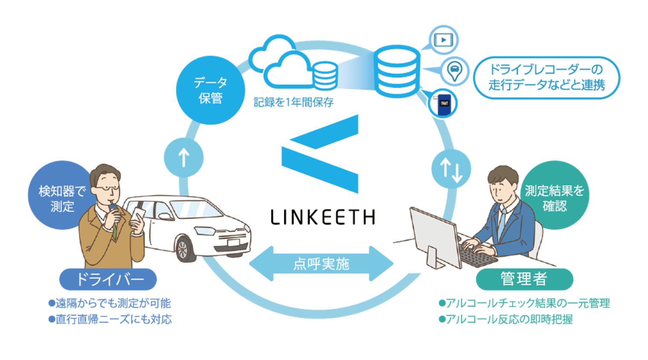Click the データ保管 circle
(x=210, y=90)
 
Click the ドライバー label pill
(x=108, y=279)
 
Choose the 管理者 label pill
(x=524, y=279)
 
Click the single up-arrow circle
(x=184, y=157)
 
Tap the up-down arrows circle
(x=451, y=169)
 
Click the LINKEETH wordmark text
(x=323, y=217)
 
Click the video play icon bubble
(x=443, y=40)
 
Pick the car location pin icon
(x=454, y=71)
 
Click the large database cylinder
(x=396, y=71)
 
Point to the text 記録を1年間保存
(x=294, y=102)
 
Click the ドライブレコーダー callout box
(x=547, y=78)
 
